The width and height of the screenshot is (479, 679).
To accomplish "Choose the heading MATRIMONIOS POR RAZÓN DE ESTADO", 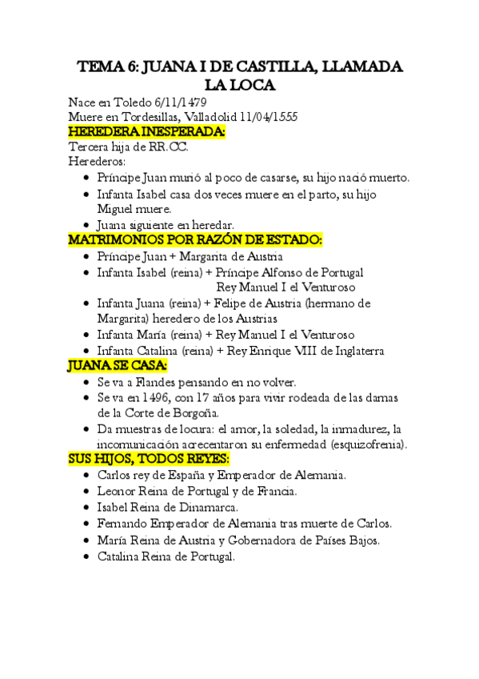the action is point(195,240).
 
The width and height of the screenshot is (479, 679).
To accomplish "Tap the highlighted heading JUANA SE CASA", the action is point(118,366).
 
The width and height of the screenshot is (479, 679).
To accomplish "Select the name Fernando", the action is point(123,523).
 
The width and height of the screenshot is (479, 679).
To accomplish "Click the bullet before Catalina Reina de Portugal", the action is point(86,555).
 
